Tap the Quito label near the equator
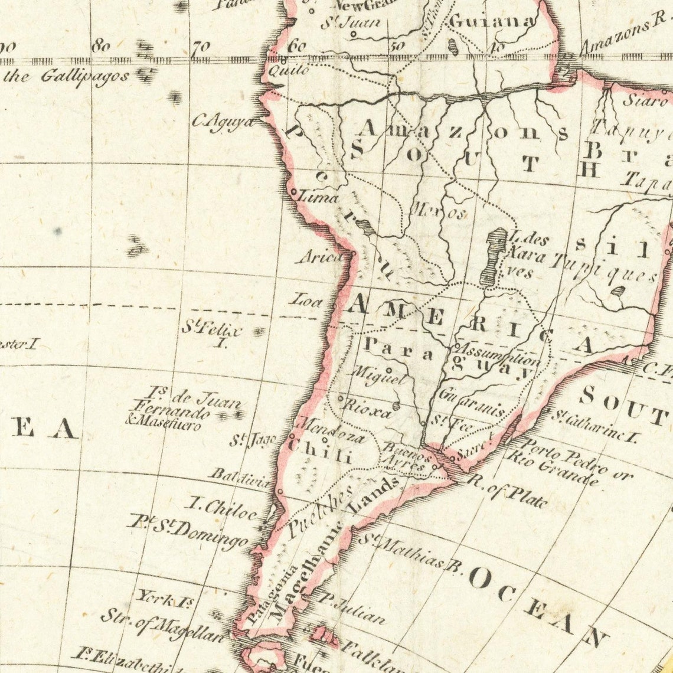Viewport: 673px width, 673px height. pos(288,71)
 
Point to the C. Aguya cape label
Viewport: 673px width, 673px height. pos(223,122)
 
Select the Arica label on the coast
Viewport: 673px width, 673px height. pos(321,257)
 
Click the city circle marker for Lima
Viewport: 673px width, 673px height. pos(293,192)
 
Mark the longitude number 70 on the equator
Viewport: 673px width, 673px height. pos(201,47)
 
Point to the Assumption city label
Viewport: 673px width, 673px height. pos(499,354)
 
